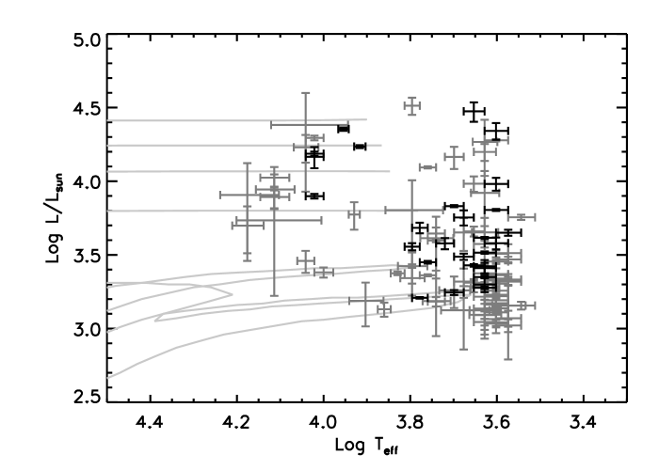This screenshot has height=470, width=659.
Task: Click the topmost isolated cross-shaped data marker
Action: pos(411,105)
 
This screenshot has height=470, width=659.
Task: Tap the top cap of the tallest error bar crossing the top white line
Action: pos(305,92)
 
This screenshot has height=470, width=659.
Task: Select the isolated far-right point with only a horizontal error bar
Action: pos(522,217)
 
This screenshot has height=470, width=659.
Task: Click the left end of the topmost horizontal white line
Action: pos(108,120)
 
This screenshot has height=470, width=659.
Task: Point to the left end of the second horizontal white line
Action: pos(108,146)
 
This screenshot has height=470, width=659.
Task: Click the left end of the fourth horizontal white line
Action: pos(108,211)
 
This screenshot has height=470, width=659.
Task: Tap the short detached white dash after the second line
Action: pos(374,145)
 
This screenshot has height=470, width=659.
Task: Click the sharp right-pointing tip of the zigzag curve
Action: pos(233,294)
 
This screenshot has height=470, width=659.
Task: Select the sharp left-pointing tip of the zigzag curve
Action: pos(155,320)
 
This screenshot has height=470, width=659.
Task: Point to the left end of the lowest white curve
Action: pos(108,378)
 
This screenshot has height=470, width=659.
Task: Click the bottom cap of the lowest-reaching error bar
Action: pos(508,359)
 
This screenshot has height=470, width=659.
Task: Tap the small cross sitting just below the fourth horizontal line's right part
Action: pos(354,215)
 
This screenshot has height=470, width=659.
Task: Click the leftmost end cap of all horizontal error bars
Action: pos(220,196)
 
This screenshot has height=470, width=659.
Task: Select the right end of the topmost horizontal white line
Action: pos(366,119)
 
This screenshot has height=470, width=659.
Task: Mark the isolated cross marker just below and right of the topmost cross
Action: pos(455,157)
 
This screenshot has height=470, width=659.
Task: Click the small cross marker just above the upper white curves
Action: pos(305,260)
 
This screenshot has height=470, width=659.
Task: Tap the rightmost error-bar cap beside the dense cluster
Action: pos(535,305)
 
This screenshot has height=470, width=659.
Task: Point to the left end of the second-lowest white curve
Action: pos(108,332)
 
